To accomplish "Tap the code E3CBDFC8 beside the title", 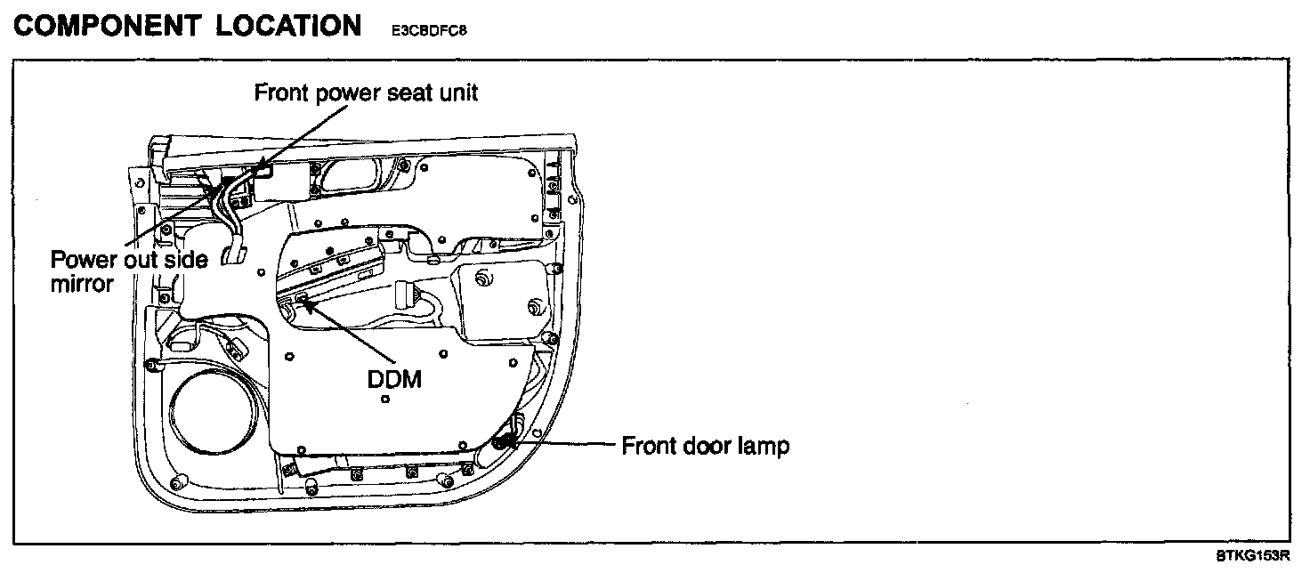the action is (429, 30).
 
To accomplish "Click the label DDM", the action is (393, 379).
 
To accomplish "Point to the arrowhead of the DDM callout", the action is (303, 303).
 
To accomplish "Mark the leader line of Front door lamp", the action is (570, 442).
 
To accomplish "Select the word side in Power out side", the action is (187, 260).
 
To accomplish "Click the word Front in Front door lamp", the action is (649, 445).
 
